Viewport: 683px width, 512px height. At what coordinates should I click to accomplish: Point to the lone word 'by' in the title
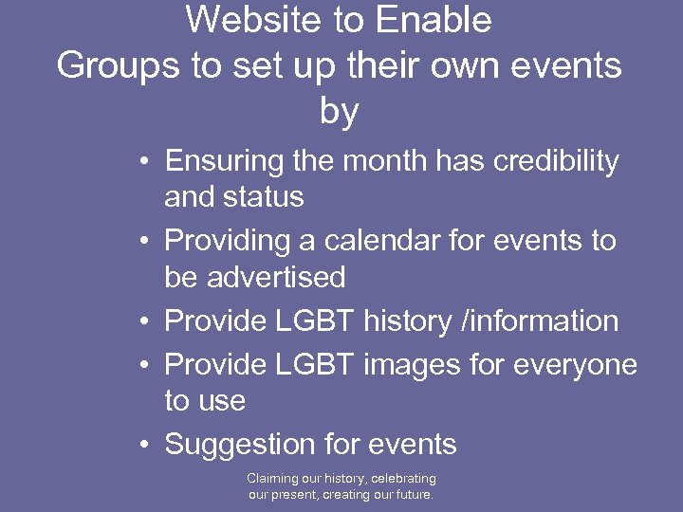tap(340, 112)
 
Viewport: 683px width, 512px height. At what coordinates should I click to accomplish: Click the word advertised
tap(283, 277)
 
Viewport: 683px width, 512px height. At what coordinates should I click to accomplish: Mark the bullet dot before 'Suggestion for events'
tap(140, 445)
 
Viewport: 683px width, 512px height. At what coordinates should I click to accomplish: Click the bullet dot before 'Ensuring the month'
tap(140, 162)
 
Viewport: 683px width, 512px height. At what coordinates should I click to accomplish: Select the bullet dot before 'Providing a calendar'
tap(140, 242)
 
